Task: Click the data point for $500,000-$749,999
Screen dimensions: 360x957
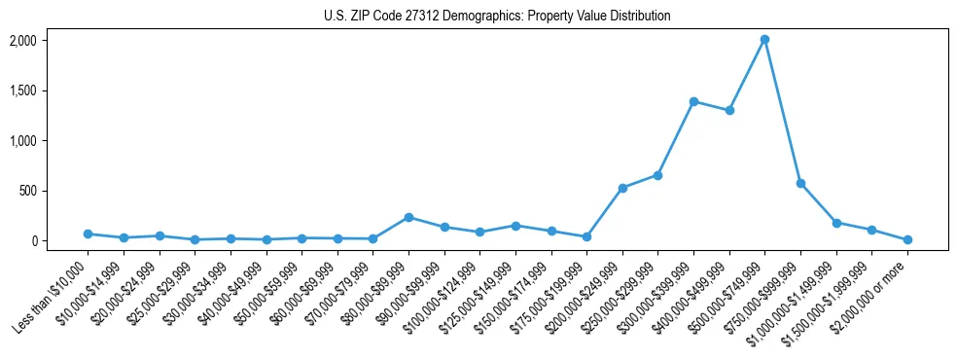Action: pyautogui.click(x=764, y=40)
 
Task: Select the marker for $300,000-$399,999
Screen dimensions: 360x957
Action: pyautogui.click(x=693, y=101)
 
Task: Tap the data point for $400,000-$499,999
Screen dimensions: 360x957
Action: pyautogui.click(x=729, y=111)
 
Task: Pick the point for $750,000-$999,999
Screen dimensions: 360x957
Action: pyautogui.click(x=800, y=183)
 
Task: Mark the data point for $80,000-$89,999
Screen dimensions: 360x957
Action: pyautogui.click(x=408, y=217)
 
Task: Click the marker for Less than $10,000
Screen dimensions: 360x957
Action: pyautogui.click(x=88, y=234)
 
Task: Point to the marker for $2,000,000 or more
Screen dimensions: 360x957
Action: pyautogui.click(x=907, y=239)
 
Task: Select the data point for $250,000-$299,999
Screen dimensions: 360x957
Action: pyautogui.click(x=657, y=175)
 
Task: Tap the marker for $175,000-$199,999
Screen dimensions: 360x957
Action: pyautogui.click(x=586, y=236)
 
